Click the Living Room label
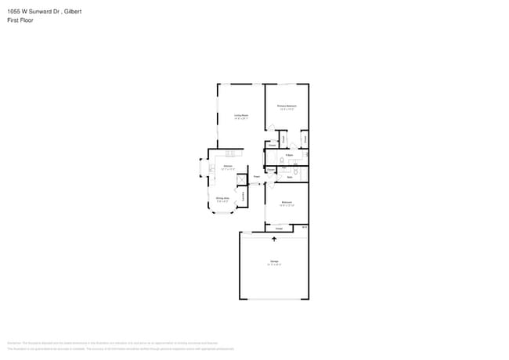(x=241, y=115)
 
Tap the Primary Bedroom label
(x=287, y=106)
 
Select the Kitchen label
(x=227, y=166)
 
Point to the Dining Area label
(x=222, y=198)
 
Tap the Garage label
(x=274, y=261)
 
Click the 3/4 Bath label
(x=289, y=155)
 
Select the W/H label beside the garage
(x=304, y=227)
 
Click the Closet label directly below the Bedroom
(x=279, y=228)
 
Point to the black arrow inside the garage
(x=274, y=239)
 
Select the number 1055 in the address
(x=13, y=11)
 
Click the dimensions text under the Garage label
(x=274, y=265)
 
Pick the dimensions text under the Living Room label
(x=241, y=119)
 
